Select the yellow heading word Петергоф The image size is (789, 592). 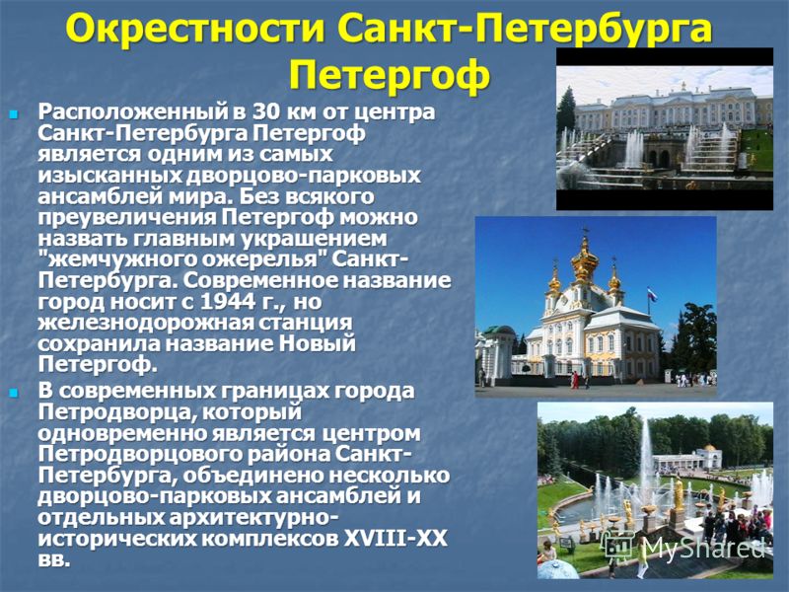click(x=390, y=75)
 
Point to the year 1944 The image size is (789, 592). click(x=227, y=302)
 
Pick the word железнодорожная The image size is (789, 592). click(x=146, y=324)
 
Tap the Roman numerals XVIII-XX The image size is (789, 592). click(x=395, y=539)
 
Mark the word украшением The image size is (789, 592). click(x=314, y=239)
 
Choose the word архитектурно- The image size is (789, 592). click(x=253, y=518)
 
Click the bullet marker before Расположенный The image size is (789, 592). click(x=14, y=114)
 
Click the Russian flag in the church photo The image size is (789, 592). click(x=652, y=294)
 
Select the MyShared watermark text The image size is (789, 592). click(x=704, y=548)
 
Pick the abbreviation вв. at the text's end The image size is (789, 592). click(x=53, y=559)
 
